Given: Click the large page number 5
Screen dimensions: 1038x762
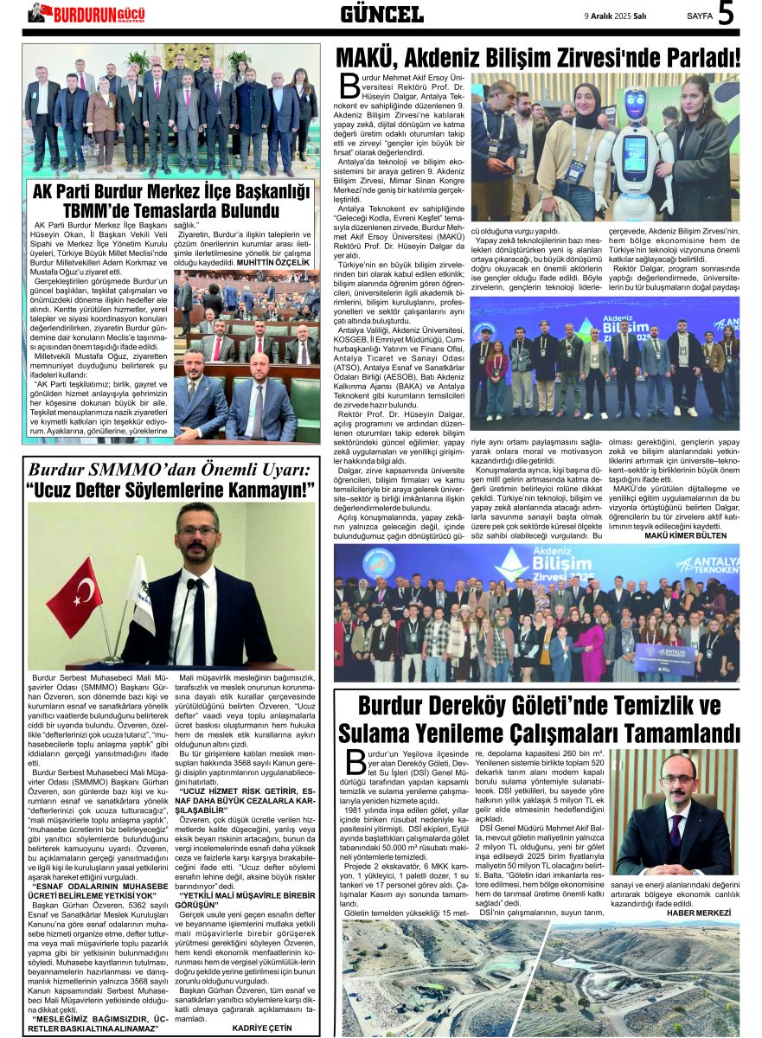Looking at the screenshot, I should click(x=727, y=14).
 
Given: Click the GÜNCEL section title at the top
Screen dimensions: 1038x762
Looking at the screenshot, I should click(x=381, y=14).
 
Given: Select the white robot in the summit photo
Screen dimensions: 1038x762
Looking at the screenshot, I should click(x=637, y=147).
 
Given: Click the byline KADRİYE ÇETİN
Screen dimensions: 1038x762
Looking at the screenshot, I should click(x=262, y=1027).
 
